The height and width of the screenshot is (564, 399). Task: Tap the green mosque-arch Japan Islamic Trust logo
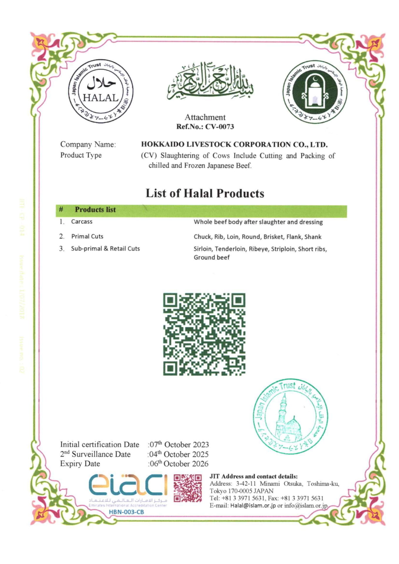point(315,92)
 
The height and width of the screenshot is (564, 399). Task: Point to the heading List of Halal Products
point(205,193)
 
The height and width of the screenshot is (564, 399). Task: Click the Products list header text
point(95,209)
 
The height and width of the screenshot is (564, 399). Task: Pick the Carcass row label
point(82,221)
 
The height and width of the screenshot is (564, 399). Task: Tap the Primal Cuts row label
point(87,236)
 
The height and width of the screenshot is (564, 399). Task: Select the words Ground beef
point(211,257)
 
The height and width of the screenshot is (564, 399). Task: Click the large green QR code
point(204,334)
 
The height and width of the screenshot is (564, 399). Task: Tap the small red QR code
point(188,488)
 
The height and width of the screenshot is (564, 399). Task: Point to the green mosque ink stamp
point(291,416)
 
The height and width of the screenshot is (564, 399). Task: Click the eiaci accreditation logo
point(128,485)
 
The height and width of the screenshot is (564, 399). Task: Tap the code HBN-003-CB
point(126,512)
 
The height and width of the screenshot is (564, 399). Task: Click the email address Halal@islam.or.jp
point(253,506)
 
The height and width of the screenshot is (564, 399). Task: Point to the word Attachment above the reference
point(205,117)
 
